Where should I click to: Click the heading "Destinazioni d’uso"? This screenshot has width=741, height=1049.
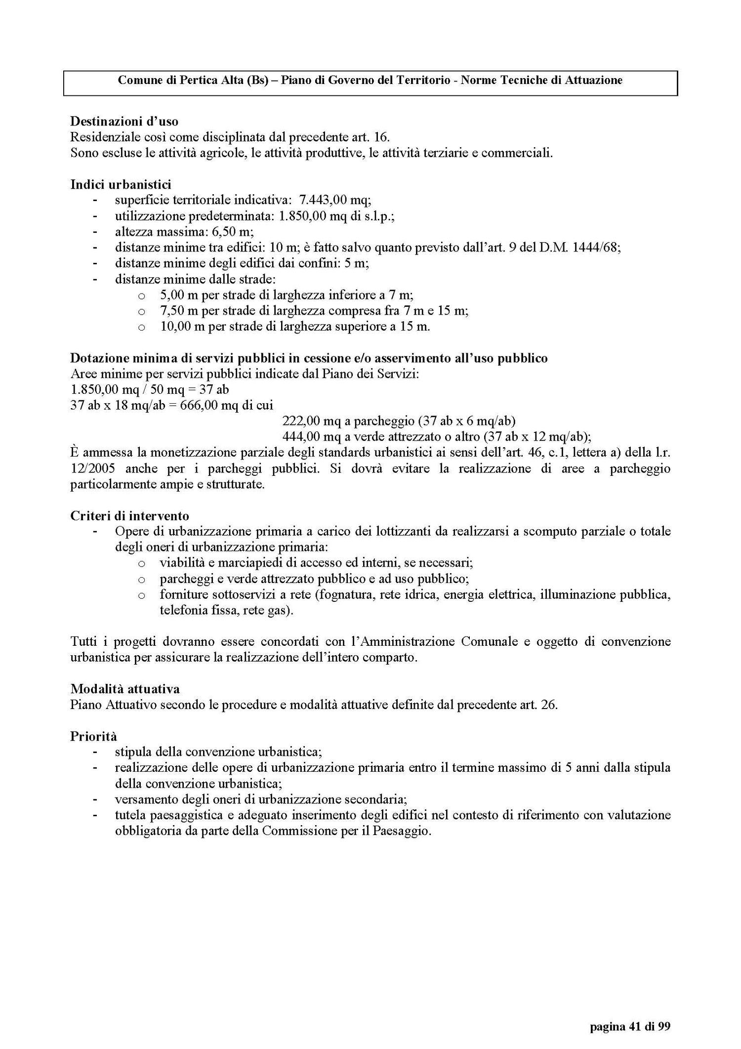point(124,121)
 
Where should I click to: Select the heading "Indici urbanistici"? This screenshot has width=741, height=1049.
point(121,185)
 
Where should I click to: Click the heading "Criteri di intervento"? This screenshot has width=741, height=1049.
point(129,516)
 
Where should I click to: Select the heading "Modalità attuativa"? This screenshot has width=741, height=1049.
point(124,689)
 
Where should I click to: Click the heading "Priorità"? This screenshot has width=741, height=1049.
point(93,736)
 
